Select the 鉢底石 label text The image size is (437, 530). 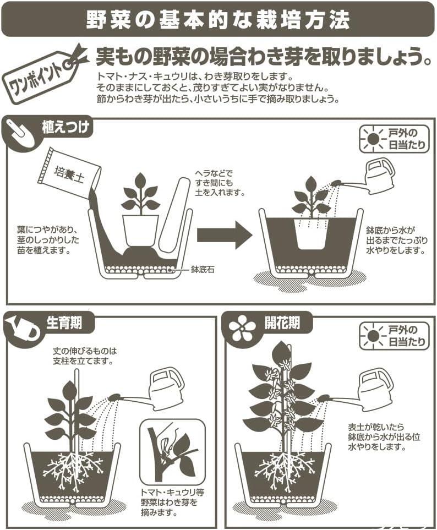[x=202, y=270]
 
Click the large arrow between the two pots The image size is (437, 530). [x=225, y=234]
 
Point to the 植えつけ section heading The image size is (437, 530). [x=65, y=128]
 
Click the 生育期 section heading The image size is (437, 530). [x=64, y=323]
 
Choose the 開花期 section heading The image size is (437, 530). [x=282, y=324]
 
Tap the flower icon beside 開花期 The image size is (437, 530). [x=242, y=328]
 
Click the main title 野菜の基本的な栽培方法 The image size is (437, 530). [x=218, y=20]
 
